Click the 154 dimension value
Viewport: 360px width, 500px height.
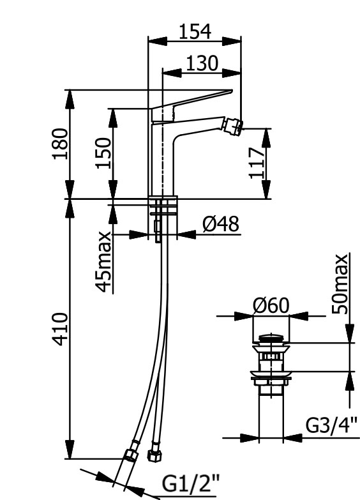pyautogui.click(x=195, y=31)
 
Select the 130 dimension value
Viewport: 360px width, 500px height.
pyautogui.click(x=202, y=63)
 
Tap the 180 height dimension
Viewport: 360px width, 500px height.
pyautogui.click(x=60, y=144)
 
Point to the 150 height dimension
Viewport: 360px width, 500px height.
pyautogui.click(x=103, y=153)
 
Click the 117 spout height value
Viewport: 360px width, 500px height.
pyautogui.click(x=257, y=163)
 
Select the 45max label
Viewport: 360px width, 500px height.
pyautogui.click(x=103, y=262)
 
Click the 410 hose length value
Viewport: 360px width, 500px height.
pyautogui.click(x=60, y=329)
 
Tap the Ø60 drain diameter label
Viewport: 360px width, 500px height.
pyautogui.click(x=271, y=305)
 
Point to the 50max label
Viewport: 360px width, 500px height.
pyautogui.click(x=340, y=284)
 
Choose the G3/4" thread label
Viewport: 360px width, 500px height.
pyautogui.click(x=332, y=425)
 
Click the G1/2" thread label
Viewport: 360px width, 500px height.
pyautogui.click(x=191, y=484)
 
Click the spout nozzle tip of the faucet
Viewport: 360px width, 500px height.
pyautogui.click(x=233, y=126)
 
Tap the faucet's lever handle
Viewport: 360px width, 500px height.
pyautogui.click(x=191, y=105)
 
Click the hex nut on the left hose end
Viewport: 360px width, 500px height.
pyautogui.click(x=130, y=455)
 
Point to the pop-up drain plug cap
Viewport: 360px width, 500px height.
pyautogui.click(x=271, y=338)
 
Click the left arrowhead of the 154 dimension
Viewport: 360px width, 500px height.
pyautogui.click(x=158, y=41)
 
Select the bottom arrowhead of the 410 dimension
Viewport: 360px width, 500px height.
pyautogui.click(x=70, y=450)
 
